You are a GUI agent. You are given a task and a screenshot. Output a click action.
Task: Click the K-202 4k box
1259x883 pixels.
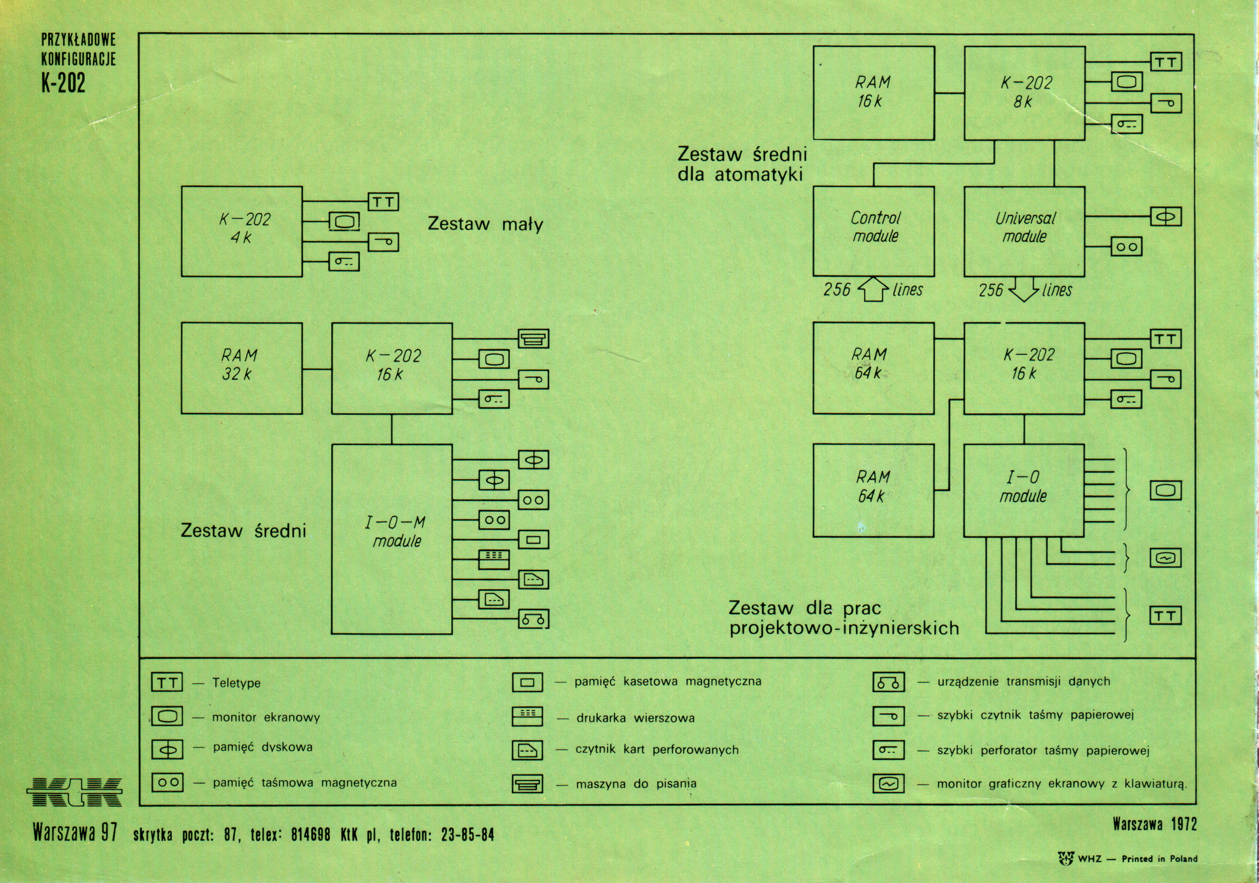242,231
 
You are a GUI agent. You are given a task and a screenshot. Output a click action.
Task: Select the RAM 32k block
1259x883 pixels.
242,368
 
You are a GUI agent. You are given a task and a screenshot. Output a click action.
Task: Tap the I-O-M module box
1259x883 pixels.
392,538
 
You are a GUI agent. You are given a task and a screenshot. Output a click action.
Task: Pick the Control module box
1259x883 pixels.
873,231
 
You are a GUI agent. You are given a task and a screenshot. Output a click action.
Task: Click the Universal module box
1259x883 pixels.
1024,231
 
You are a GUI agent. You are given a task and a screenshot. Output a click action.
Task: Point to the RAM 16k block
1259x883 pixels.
873,93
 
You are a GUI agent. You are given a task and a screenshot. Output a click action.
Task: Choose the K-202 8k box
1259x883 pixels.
1024,93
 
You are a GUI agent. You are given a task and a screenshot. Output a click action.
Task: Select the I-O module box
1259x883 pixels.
1024,490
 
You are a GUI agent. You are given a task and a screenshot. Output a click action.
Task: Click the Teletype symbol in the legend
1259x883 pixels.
167,683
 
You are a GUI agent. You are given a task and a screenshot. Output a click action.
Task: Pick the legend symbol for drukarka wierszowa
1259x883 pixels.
528,716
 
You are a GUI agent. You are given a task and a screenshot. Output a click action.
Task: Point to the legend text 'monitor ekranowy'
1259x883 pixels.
266,717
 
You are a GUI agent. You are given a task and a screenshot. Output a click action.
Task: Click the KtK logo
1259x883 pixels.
75,791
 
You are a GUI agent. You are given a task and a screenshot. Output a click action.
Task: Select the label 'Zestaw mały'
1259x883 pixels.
485,224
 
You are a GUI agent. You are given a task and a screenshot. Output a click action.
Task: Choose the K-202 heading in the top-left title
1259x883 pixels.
64,83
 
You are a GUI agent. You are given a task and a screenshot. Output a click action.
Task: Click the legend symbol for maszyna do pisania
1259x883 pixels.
528,784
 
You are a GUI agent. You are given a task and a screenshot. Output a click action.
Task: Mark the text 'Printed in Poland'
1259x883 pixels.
1159,859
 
